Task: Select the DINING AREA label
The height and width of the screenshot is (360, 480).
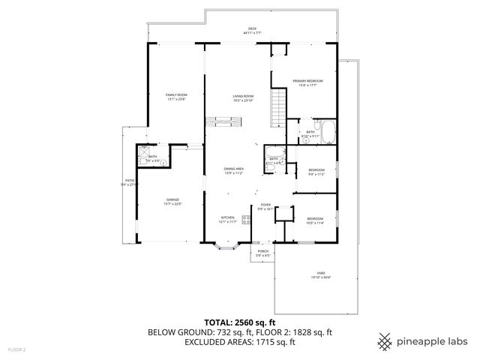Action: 233,170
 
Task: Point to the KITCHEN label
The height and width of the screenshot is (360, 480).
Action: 228,219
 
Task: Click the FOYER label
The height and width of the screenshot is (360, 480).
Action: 265,205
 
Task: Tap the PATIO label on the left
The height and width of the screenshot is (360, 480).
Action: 128,182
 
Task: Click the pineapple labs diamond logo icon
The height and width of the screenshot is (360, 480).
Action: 385,341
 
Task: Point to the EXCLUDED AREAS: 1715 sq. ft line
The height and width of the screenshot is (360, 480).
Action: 240,342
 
